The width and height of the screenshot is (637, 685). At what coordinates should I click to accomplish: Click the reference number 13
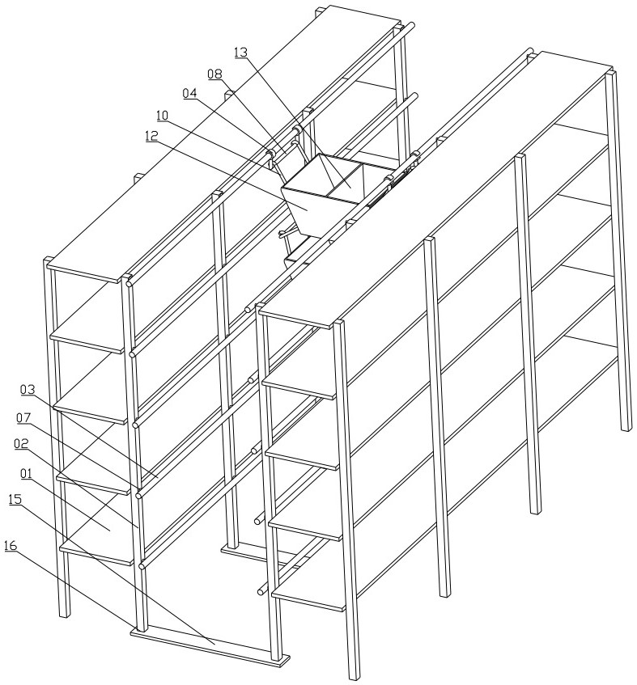tap(240, 53)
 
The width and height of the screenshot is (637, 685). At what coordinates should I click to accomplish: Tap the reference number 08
tap(214, 74)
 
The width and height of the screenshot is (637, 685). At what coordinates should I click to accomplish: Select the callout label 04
tap(189, 93)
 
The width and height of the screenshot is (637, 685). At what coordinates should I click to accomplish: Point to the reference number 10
tap(162, 116)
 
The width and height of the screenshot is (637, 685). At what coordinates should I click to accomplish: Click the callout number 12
tap(151, 136)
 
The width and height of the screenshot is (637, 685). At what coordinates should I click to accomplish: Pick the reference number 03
tap(28, 390)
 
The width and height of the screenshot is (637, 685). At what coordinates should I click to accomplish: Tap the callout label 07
tap(23, 417)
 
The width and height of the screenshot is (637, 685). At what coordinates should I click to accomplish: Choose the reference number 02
tap(21, 444)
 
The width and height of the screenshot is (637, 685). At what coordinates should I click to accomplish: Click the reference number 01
tap(26, 472)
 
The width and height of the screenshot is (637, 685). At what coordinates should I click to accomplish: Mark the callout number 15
tap(15, 499)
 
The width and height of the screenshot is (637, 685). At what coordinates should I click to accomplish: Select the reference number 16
tap(11, 546)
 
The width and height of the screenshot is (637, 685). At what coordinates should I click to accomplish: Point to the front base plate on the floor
tap(210, 645)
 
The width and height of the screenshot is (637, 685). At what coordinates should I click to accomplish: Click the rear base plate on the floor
tap(262, 556)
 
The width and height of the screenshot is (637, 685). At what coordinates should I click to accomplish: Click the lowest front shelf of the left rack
tap(96, 552)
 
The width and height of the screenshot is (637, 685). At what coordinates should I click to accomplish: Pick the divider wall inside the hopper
tap(346, 180)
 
